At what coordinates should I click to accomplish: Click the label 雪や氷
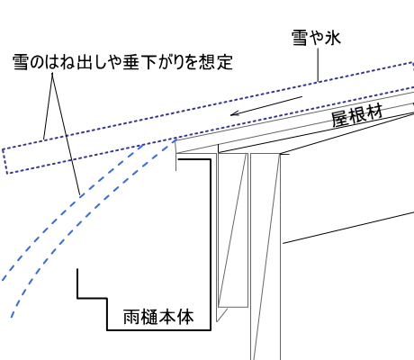[316, 38]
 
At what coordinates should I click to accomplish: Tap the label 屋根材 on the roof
[357, 115]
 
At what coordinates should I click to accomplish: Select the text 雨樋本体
[158, 317]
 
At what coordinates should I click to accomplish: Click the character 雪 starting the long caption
[21, 62]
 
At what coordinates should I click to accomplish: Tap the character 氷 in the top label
[333, 38]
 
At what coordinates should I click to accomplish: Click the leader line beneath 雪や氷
[318, 65]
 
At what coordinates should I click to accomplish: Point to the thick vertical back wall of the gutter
[211, 245]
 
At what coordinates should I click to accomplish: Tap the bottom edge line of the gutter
[158, 330]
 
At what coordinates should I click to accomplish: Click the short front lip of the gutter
[77, 283]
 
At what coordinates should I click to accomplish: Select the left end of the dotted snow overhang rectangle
[5, 161]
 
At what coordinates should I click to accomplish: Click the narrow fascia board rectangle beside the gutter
[233, 230]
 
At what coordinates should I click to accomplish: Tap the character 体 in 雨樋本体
[185, 317]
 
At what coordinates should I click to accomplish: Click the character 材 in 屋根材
[374, 112]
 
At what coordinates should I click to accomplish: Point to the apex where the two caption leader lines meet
[52, 73]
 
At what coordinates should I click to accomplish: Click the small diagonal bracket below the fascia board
[222, 315]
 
